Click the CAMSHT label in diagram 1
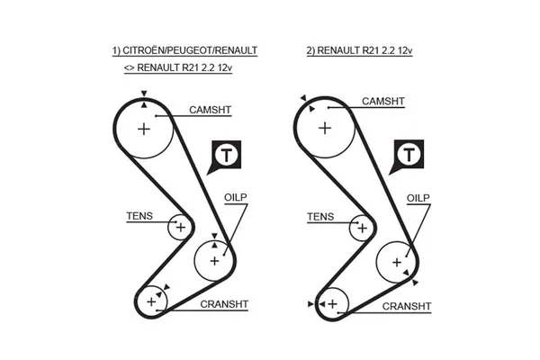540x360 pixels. point(210,110)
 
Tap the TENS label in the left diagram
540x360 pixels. point(139,216)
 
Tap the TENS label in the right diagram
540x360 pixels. point(319,217)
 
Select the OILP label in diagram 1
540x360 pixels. point(235,196)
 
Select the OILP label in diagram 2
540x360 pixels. point(418,197)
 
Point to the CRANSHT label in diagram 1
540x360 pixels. point(224,304)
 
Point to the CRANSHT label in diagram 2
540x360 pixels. point(407,307)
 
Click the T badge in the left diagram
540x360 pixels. point(228,156)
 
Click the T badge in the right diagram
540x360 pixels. point(409,156)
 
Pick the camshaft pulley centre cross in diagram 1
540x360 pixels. point(144,130)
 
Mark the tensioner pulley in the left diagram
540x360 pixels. point(180,228)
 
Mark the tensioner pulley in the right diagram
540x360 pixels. point(363,228)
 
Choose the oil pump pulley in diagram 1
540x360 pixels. point(214,260)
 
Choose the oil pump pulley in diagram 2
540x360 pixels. point(397,262)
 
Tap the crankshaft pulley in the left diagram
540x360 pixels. point(152,301)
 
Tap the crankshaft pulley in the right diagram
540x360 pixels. point(333,303)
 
